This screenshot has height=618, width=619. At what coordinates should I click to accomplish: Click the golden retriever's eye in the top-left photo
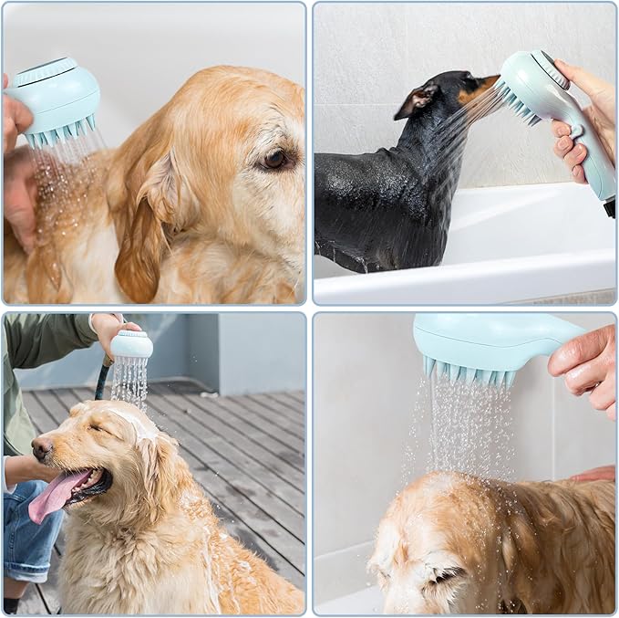(x=275, y=159)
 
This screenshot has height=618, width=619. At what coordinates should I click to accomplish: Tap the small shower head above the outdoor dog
(x=132, y=344)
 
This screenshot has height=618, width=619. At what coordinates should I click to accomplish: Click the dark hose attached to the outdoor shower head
(x=102, y=380)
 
